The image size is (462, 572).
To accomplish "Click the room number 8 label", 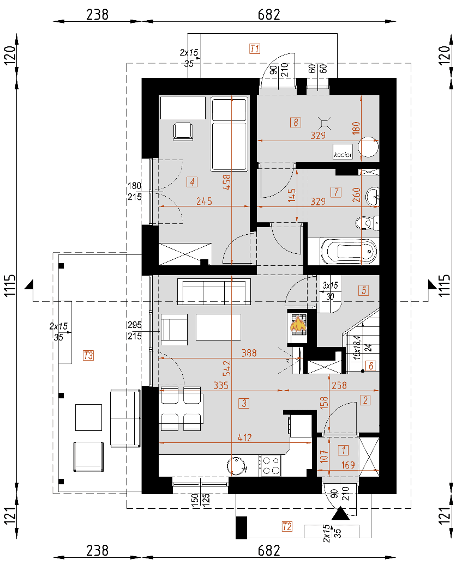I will [x=295, y=123].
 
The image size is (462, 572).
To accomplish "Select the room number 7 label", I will [x=335, y=192].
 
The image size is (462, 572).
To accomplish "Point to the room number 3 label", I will [x=244, y=404].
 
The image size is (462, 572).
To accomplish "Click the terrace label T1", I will [x=254, y=49].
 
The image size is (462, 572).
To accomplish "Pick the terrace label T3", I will [x=88, y=356].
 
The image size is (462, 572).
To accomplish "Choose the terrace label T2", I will [x=287, y=526].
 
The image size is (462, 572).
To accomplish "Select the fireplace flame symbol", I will [x=298, y=325].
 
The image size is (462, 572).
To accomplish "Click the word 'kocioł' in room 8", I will [x=343, y=155].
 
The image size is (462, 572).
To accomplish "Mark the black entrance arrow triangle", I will [x=341, y=513].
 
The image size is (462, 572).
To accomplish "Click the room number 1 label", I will [x=343, y=450].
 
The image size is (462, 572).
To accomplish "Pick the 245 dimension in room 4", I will [x=203, y=201].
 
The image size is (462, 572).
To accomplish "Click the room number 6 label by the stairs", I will [x=371, y=367].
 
